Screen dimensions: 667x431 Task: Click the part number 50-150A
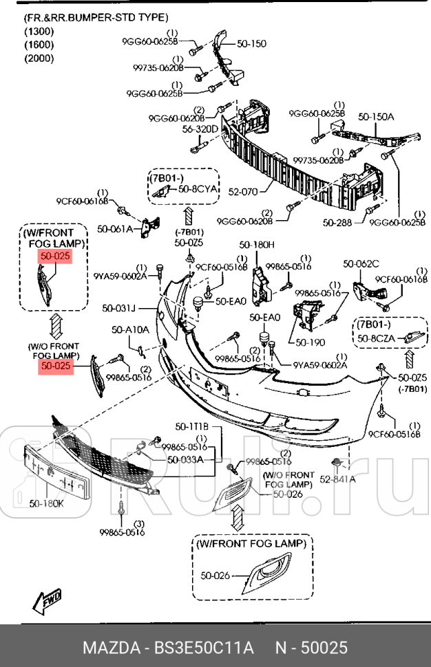(x=376, y=117)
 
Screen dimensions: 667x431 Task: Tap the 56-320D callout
(x=200, y=129)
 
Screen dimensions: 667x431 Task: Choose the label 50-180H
(x=257, y=245)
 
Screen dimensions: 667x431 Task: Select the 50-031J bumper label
(x=119, y=308)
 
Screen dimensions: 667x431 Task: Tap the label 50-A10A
(x=131, y=330)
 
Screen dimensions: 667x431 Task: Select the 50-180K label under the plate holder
(x=46, y=503)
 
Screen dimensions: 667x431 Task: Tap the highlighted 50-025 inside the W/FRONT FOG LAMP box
(x=55, y=256)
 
